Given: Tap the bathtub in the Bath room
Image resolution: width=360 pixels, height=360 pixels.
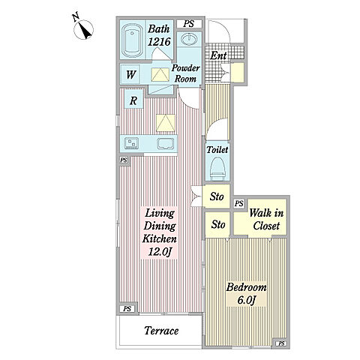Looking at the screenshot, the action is [x=132, y=40].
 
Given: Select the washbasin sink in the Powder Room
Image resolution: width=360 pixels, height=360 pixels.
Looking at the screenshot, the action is [x=189, y=38].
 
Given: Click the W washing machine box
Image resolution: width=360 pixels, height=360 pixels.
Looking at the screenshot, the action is [x=131, y=74].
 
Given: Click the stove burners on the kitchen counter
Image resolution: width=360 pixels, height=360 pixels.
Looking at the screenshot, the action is [x=131, y=143].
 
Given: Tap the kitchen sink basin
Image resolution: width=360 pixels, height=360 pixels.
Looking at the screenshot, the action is [x=166, y=143].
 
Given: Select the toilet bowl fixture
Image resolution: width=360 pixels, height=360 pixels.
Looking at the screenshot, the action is [x=218, y=168].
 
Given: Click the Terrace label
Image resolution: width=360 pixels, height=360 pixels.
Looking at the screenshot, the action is [x=161, y=331].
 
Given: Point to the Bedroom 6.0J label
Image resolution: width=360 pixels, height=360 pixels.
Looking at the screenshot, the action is [x=246, y=293].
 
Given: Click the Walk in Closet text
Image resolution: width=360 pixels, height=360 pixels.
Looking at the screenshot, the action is [x=266, y=219].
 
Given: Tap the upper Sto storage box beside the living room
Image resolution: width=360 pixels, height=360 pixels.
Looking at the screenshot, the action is [x=217, y=196].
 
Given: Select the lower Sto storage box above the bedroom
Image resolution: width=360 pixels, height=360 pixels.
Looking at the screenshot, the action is [x=217, y=224].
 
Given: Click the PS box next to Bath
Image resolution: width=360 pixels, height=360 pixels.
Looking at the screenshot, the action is [x=189, y=24].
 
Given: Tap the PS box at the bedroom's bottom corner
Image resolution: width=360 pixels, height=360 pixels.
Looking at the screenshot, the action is [x=281, y=343].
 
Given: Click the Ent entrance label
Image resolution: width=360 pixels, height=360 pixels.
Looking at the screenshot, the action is [x=218, y=55].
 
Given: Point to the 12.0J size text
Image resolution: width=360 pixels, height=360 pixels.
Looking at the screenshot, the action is [x=160, y=251].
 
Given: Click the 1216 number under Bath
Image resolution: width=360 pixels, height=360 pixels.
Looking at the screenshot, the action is [x=159, y=41].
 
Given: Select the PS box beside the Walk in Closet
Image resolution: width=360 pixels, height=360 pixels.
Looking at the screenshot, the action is [x=239, y=203].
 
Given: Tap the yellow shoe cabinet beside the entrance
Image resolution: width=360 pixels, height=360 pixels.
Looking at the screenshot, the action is [x=237, y=73].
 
